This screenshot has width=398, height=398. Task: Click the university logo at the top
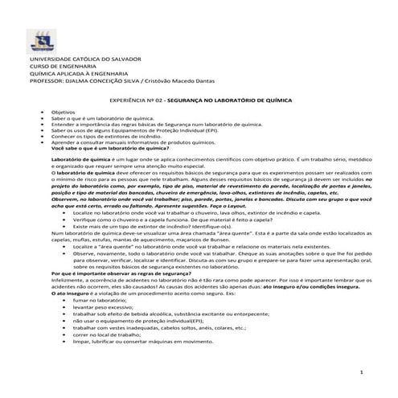(40, 40)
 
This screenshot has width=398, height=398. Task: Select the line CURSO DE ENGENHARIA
(61, 68)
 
